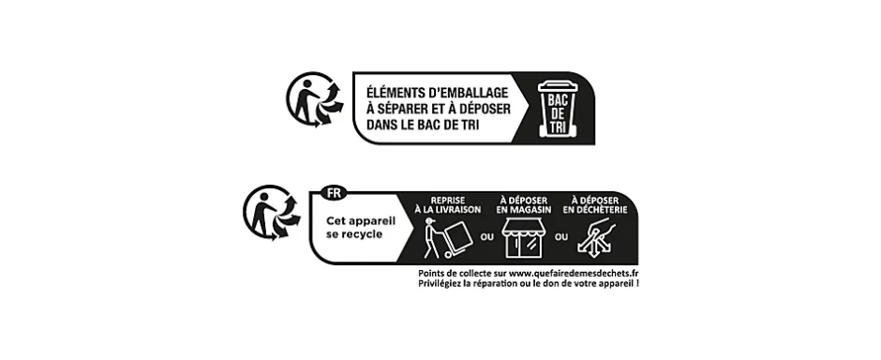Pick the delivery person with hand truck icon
click(x=441, y=239)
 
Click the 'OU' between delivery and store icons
click(x=486, y=237)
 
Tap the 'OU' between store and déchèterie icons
click(x=561, y=237)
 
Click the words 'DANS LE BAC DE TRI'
click(x=416, y=125)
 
